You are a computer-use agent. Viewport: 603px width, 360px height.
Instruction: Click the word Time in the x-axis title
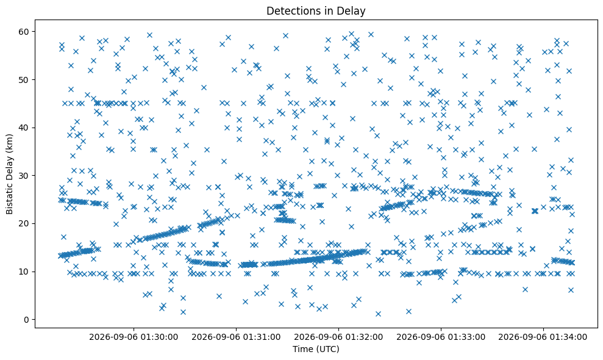tap(302, 349)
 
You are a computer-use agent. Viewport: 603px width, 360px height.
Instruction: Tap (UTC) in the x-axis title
tap(327, 349)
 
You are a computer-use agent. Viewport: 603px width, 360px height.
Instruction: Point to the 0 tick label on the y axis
tap(27, 320)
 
